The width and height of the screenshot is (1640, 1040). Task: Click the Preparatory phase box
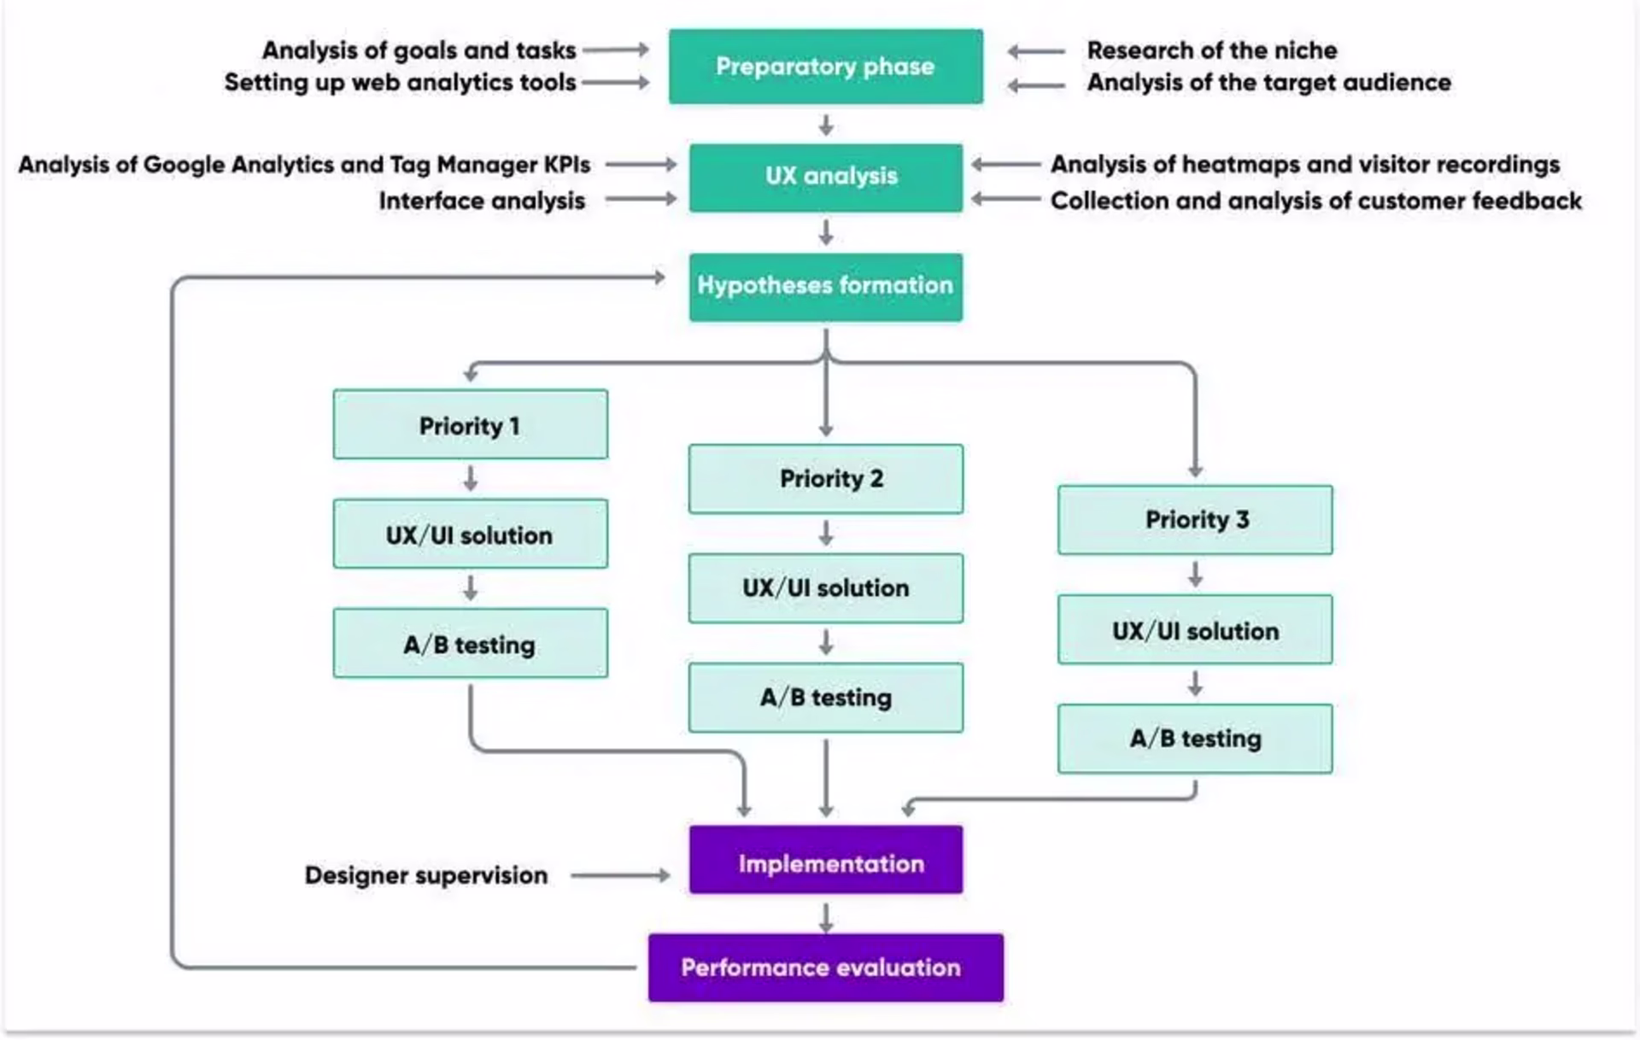point(825,67)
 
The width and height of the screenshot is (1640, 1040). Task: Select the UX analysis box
point(825,177)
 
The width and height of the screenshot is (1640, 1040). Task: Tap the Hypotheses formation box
point(825,286)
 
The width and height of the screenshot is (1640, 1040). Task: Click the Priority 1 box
point(470,425)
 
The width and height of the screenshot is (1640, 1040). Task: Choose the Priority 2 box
point(825,479)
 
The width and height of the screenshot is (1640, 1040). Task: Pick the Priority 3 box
point(1194,520)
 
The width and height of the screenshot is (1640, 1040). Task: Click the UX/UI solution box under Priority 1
point(470,535)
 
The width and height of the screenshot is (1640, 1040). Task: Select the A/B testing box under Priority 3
point(1194,739)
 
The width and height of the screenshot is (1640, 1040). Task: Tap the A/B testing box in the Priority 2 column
point(825,698)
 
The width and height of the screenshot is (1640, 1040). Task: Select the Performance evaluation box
point(825,967)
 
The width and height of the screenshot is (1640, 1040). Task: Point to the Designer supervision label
point(425,875)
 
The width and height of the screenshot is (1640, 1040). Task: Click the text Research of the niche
point(1211,50)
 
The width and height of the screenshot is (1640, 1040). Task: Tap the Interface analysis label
point(482,201)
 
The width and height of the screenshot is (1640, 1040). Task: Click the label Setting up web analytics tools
point(400,83)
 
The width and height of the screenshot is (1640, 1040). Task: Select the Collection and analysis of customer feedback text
point(1315,201)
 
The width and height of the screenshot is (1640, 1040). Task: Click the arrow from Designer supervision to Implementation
point(620,875)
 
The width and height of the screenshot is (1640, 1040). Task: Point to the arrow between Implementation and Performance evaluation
point(826,917)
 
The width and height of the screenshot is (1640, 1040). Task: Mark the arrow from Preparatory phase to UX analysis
point(826,126)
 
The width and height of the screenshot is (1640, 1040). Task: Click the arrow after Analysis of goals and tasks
point(616,50)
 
